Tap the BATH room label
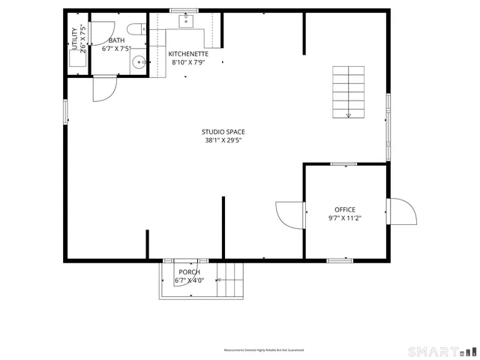(116, 40)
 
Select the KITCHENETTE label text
(188, 54)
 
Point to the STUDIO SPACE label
(223, 132)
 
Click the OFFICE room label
(345, 210)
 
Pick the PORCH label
(189, 271)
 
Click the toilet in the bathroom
(136, 30)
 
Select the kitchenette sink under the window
(185, 20)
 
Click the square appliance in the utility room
(76, 61)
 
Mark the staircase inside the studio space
(349, 92)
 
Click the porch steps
(232, 282)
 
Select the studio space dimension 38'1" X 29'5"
(223, 140)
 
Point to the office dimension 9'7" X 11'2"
(345, 218)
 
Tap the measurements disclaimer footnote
(263, 350)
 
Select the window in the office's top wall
(343, 163)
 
